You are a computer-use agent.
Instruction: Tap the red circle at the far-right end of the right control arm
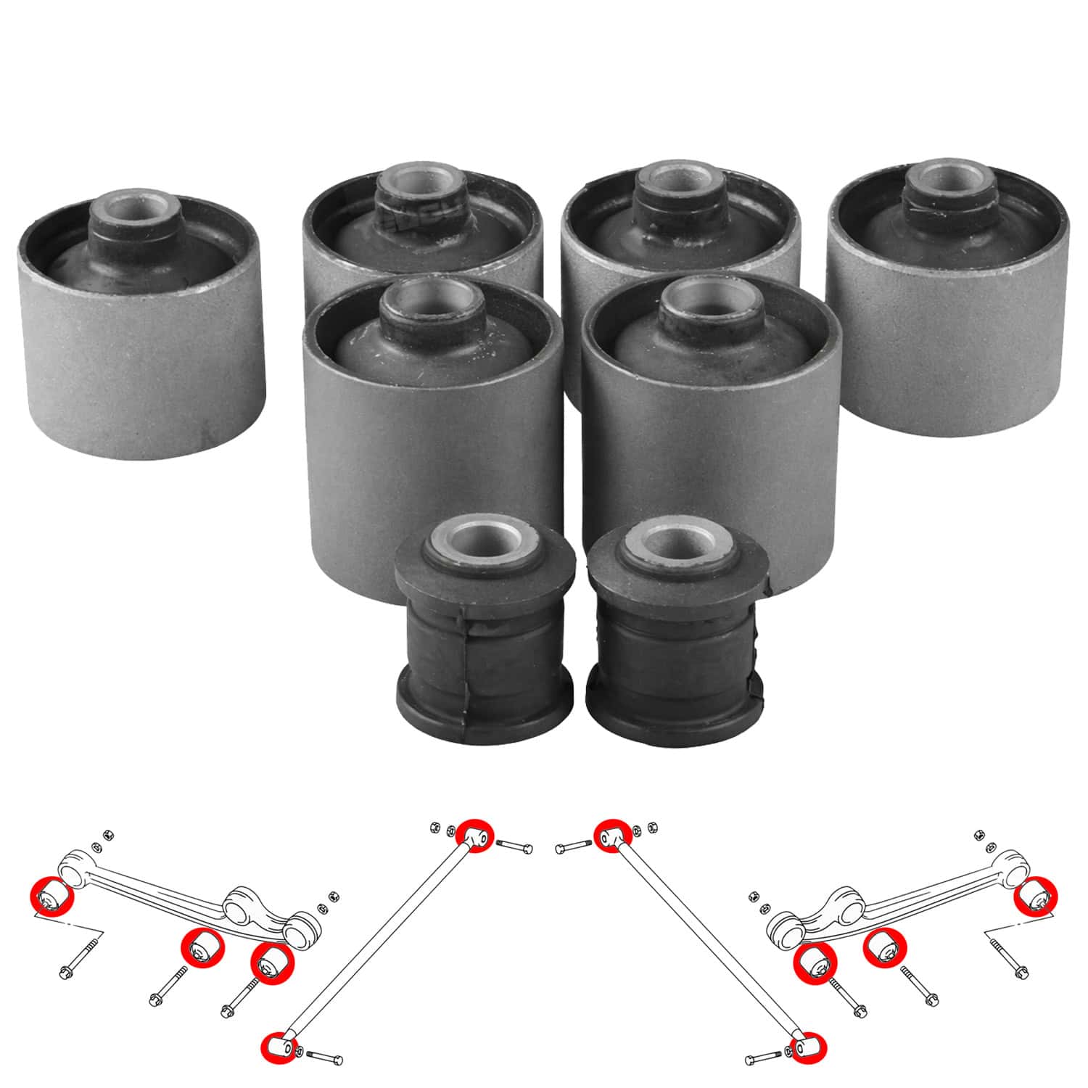(1036, 896)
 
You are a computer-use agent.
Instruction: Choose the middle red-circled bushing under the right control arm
(884, 948)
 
